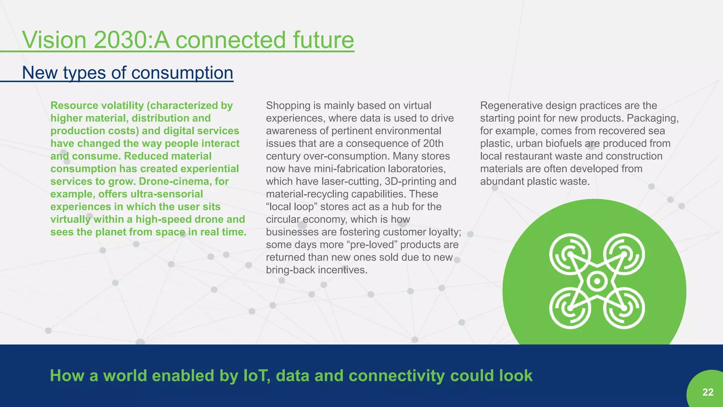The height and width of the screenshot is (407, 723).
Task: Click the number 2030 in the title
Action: [120, 40]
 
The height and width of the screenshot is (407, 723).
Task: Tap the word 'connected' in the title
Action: [230, 40]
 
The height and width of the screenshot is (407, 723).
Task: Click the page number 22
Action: [708, 392]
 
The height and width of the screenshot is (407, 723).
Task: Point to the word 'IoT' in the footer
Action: [257, 376]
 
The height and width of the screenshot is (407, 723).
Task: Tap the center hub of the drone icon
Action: [597, 281]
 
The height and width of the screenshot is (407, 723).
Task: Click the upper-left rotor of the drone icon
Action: [570, 254]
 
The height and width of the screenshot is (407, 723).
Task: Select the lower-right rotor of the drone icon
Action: [624, 308]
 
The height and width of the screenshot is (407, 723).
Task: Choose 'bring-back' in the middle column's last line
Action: [290, 270]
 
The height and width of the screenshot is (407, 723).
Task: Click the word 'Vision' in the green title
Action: [54, 40]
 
